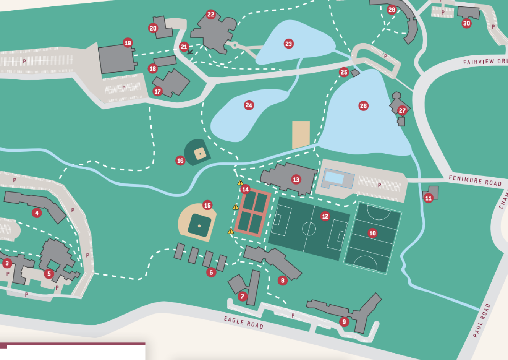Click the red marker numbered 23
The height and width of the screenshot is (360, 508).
[x=288, y=44]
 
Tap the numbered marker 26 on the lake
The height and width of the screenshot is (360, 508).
[x=363, y=106]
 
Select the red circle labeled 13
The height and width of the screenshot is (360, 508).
[x=296, y=179]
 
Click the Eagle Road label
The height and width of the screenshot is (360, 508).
[x=244, y=322]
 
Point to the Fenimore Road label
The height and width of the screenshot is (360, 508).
[x=475, y=180]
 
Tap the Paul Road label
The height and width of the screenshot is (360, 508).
[x=481, y=321]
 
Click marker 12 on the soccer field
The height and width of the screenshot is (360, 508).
[x=325, y=216]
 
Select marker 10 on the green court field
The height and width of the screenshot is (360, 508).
[x=372, y=233]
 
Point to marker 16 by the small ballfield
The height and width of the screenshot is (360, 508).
[x=180, y=161]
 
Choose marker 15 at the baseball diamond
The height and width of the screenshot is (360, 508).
[x=207, y=205]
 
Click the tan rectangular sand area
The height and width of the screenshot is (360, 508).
[x=301, y=135]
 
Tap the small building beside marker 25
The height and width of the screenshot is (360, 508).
[x=355, y=73]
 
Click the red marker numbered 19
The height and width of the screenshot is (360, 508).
[x=128, y=43]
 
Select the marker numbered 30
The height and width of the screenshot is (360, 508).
[x=466, y=23]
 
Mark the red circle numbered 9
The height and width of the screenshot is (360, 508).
[x=344, y=322]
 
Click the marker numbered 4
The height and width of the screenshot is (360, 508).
[x=37, y=213]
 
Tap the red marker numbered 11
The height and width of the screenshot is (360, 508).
[x=429, y=198]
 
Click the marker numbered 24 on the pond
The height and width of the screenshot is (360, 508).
[x=249, y=105]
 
